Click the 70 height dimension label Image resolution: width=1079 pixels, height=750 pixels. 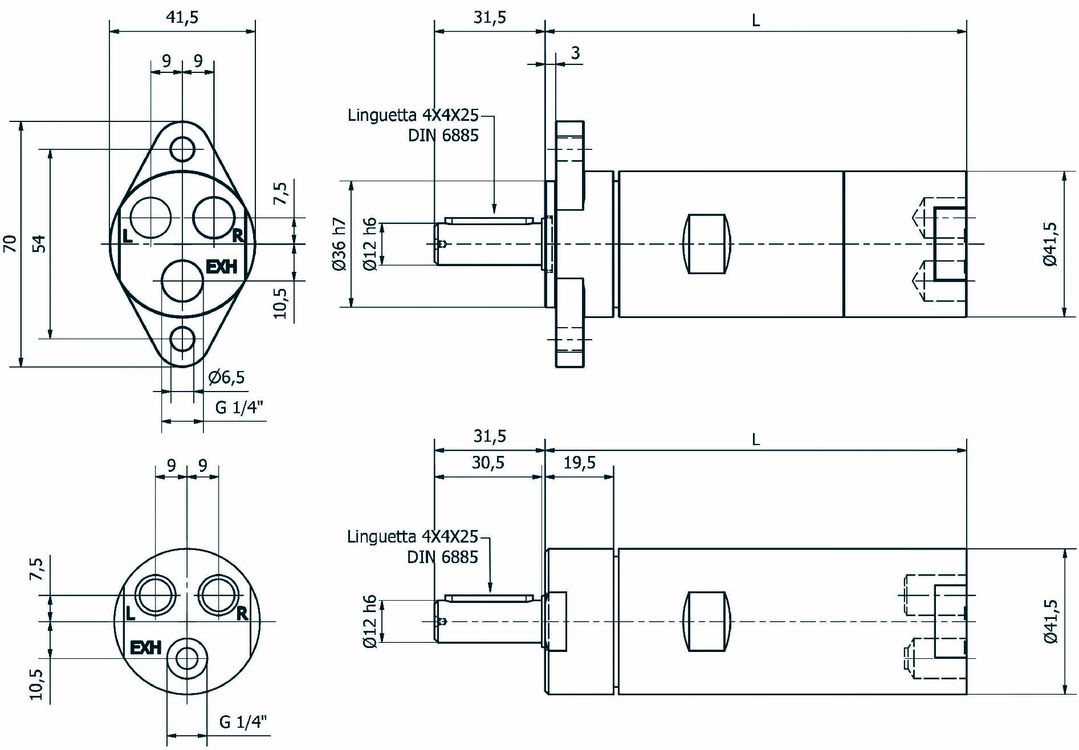[10, 244]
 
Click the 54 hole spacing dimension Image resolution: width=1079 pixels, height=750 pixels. [39, 244]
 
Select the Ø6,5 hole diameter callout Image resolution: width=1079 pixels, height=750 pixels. [226, 377]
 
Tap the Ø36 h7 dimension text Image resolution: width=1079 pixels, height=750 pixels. [339, 244]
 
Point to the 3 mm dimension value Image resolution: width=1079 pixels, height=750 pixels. [575, 53]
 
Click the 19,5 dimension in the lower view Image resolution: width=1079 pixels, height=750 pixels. [580, 462]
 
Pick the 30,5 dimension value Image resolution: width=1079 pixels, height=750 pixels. [488, 462]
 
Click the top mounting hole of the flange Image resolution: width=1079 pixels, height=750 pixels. [182, 149]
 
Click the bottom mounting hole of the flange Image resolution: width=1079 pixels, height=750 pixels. [182, 339]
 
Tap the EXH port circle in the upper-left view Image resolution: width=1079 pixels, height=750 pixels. [182, 280]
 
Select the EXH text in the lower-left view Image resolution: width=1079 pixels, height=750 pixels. [146, 648]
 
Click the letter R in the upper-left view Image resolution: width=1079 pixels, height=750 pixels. [238, 235]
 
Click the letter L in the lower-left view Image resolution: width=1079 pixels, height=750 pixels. [131, 614]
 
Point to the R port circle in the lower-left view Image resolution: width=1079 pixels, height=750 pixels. [219, 595]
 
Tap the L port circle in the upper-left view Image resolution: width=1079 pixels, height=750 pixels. [150, 218]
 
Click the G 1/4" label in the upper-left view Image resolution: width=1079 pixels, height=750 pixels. [239, 407]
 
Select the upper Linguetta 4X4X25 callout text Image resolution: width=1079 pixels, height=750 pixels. [413, 116]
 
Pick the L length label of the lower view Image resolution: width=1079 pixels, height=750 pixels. [756, 439]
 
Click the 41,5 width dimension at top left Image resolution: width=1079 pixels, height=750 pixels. [182, 18]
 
